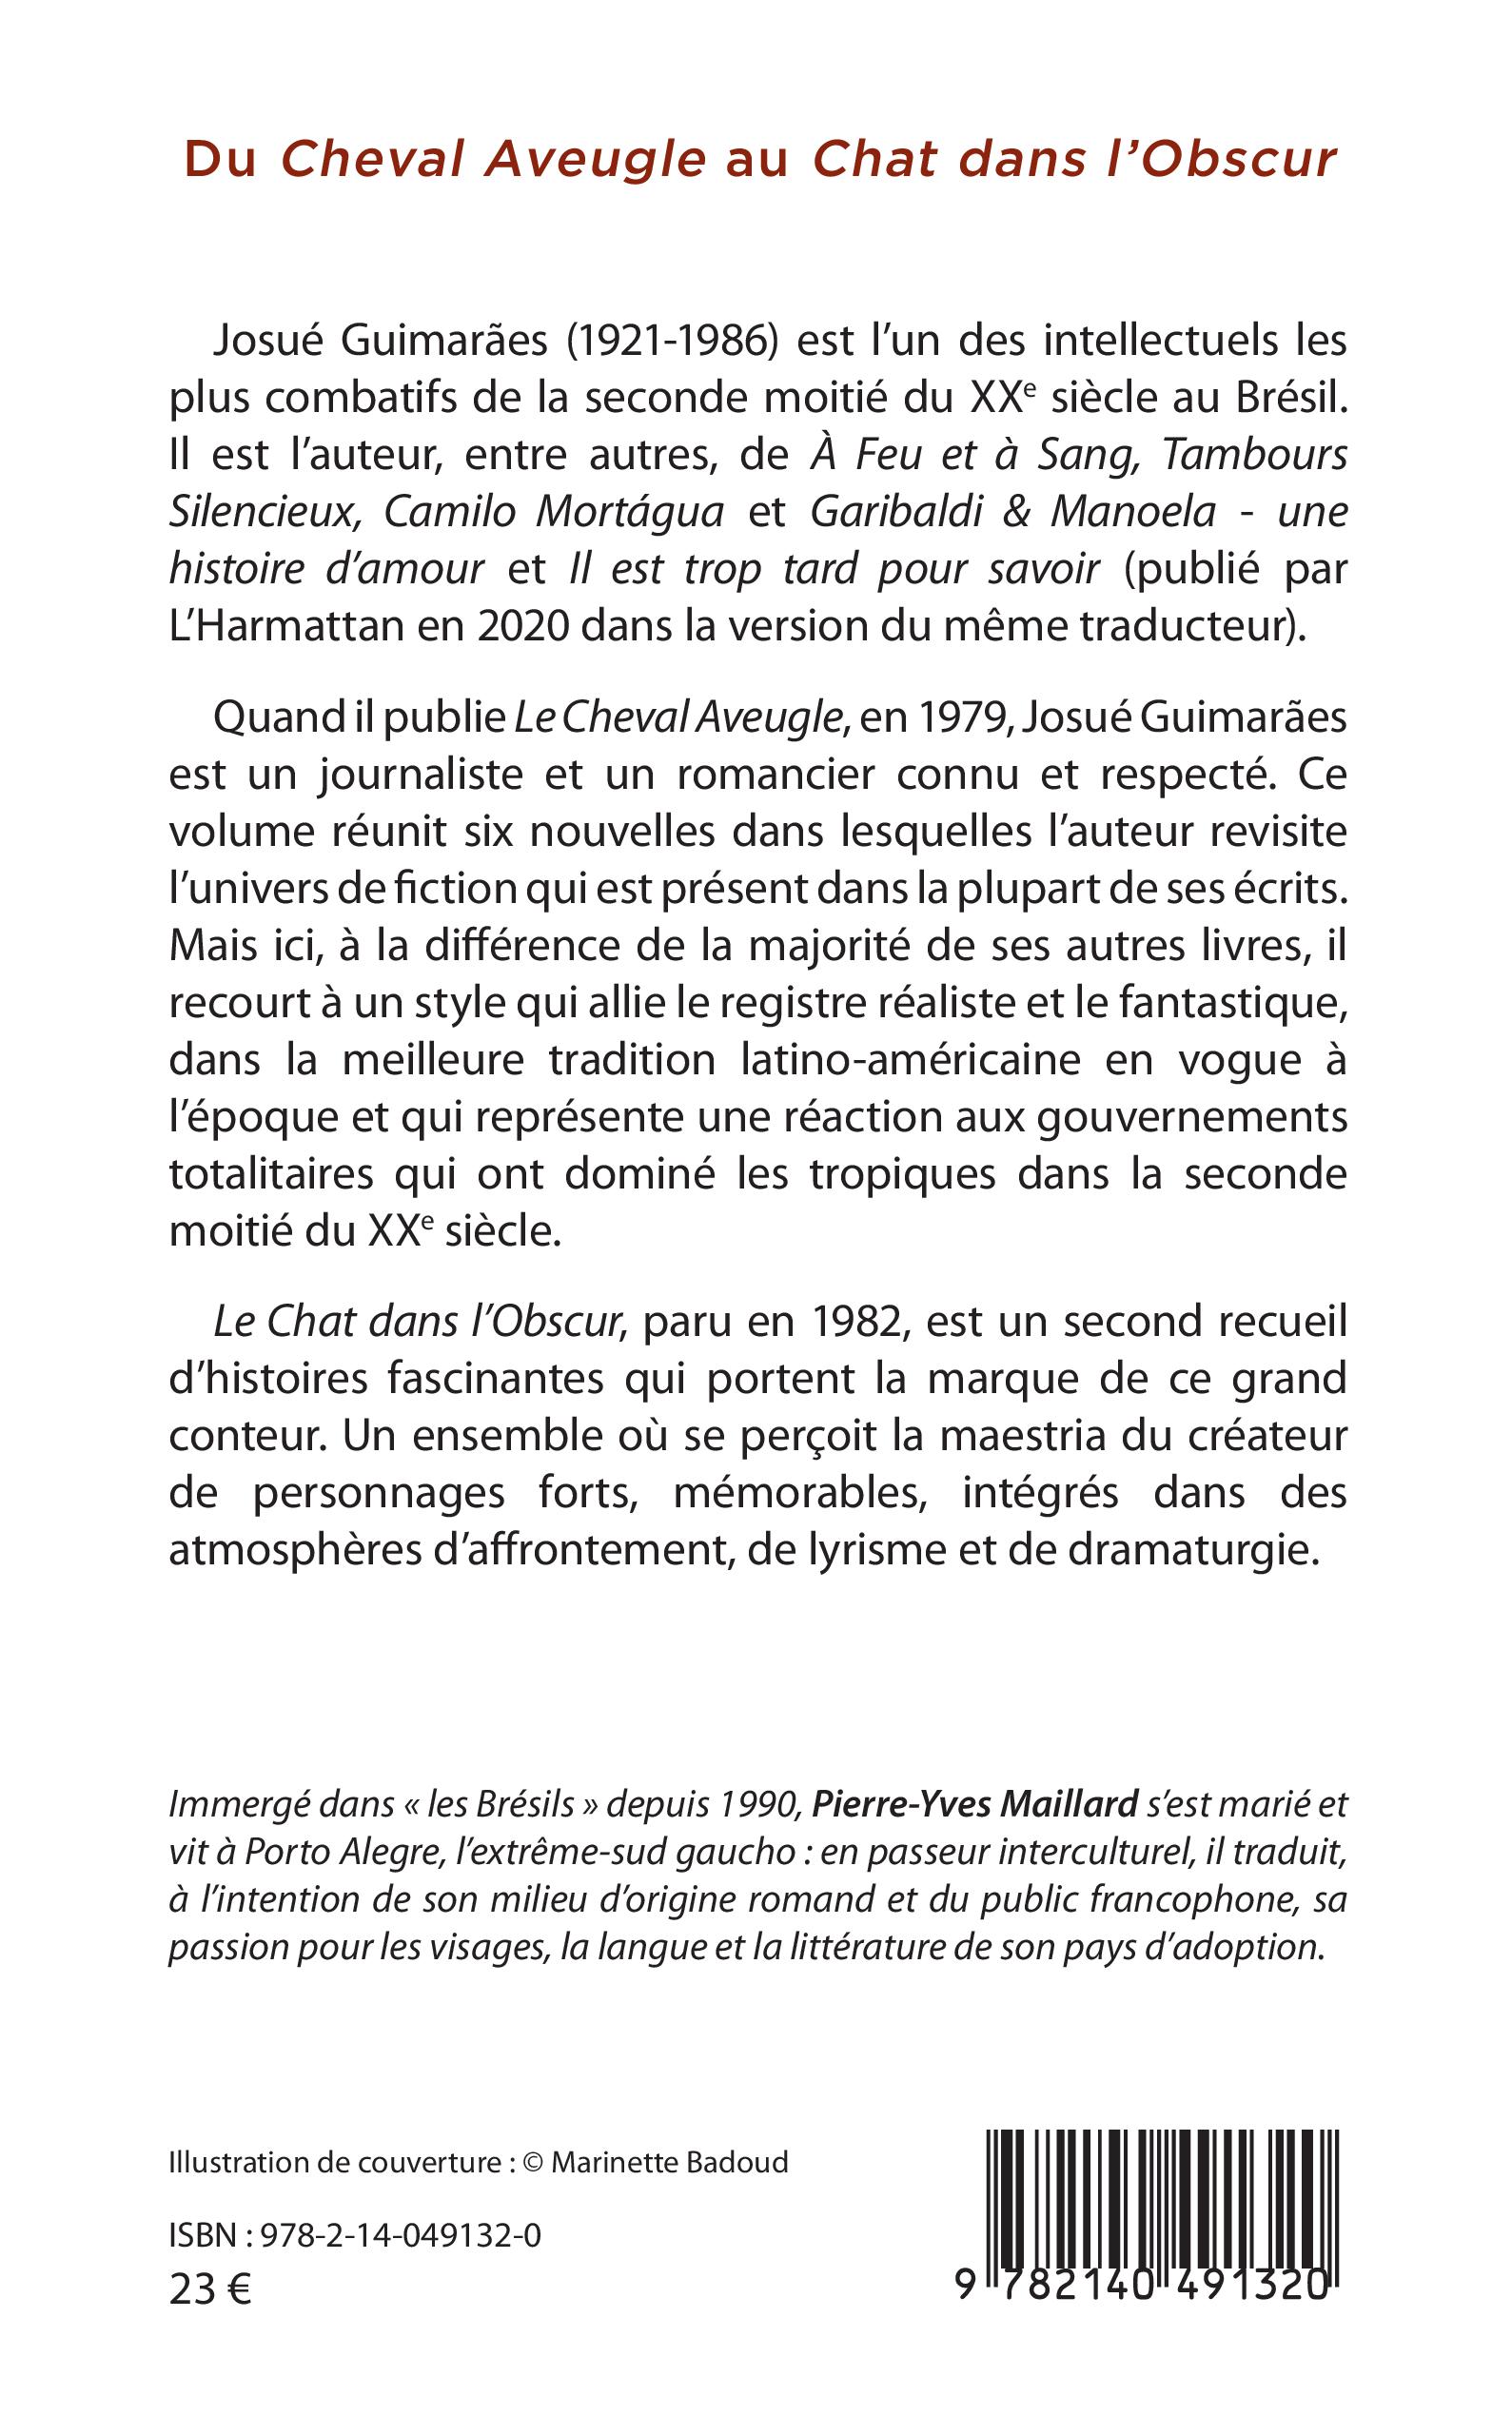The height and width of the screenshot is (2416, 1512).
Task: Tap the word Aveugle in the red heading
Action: pos(595,159)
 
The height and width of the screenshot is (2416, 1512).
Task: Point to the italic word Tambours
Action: pos(1255,455)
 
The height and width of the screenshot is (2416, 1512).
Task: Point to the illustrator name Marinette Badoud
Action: pos(669,2163)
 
